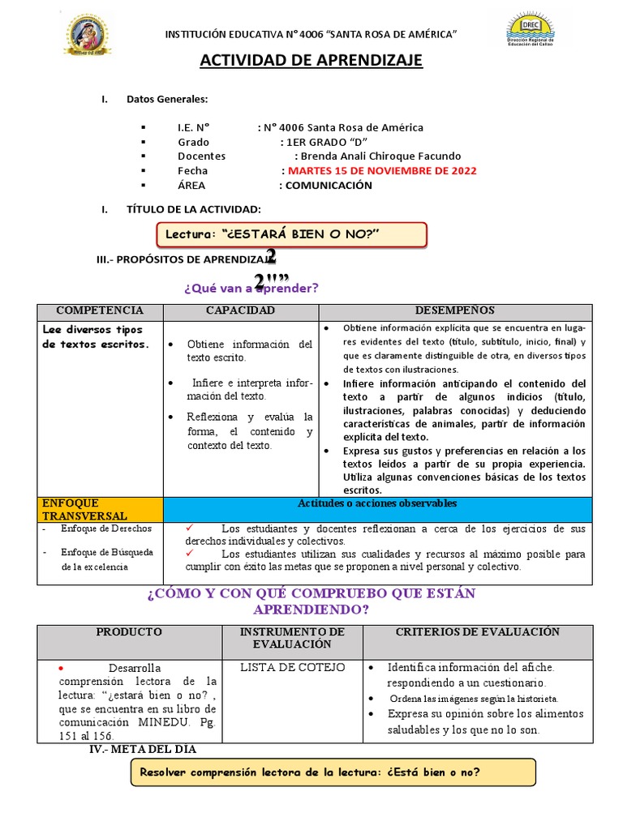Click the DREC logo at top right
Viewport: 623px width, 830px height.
click(x=531, y=32)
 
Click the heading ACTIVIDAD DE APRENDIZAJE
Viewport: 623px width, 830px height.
click(x=311, y=62)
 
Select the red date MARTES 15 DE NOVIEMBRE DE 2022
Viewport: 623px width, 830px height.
click(x=382, y=171)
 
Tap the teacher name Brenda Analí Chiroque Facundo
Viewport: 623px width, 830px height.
click(x=380, y=156)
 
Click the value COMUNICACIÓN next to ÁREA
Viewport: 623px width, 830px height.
click(x=325, y=186)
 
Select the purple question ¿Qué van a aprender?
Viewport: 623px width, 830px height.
click(x=251, y=288)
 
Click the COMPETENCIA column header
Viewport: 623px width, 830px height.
click(x=100, y=311)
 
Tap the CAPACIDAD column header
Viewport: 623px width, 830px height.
click(x=240, y=311)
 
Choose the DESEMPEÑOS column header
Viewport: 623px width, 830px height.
click(x=455, y=311)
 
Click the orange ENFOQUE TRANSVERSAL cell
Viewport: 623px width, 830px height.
click(x=101, y=510)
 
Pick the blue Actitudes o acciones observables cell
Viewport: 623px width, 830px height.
click(x=377, y=504)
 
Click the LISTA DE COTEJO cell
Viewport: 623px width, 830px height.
click(x=292, y=668)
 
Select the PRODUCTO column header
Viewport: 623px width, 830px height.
click(x=129, y=632)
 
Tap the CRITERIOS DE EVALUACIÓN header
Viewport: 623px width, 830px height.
click(x=477, y=632)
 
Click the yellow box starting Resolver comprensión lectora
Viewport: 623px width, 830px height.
click(x=333, y=772)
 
